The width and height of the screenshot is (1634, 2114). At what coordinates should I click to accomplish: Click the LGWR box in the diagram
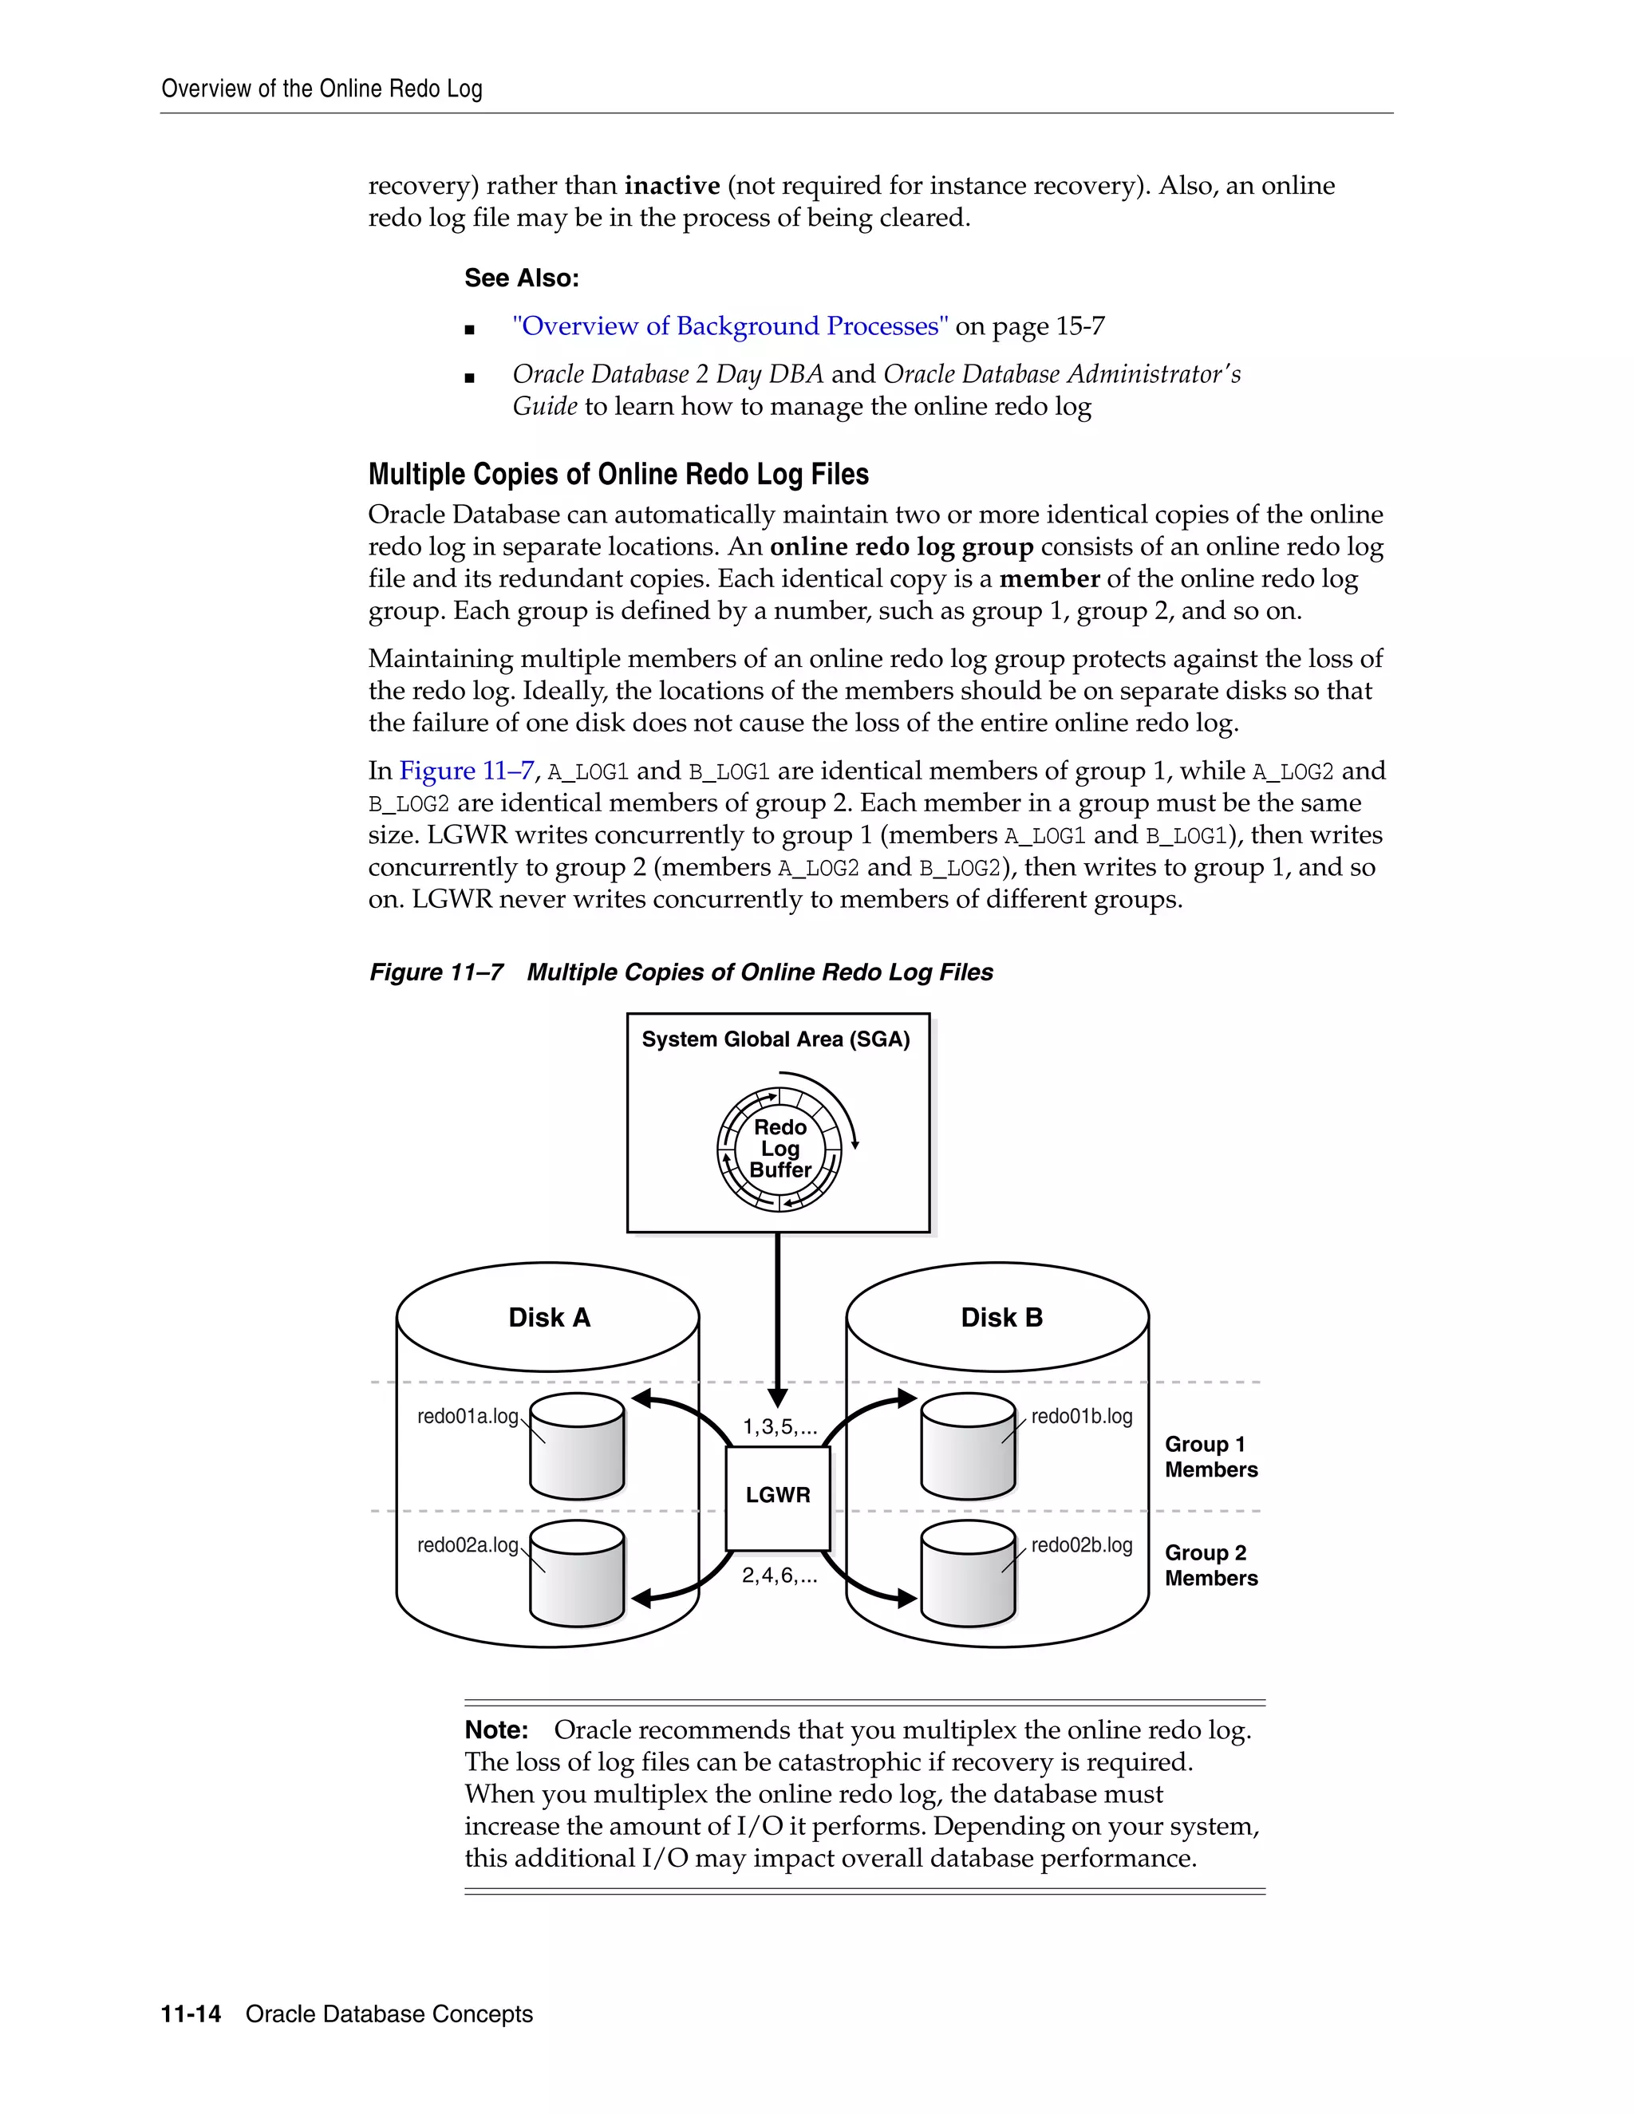(x=777, y=1497)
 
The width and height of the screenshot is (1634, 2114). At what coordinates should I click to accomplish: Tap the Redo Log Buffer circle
(x=780, y=1149)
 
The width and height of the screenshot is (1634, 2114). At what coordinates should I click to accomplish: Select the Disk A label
(x=549, y=1317)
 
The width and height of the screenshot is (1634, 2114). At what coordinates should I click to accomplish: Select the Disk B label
(x=1001, y=1317)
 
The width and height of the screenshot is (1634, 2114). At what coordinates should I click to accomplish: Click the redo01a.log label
(x=468, y=1416)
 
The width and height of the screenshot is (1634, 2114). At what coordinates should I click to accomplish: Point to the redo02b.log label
(x=1081, y=1545)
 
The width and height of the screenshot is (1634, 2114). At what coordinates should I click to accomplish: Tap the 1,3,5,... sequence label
(x=780, y=1427)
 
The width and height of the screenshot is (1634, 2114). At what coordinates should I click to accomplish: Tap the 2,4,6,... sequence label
(x=780, y=1576)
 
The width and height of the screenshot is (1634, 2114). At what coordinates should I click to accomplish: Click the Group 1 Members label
(x=1210, y=1457)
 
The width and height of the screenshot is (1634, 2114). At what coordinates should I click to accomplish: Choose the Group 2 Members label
(x=1210, y=1565)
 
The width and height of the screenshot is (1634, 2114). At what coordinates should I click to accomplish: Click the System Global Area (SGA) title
(x=776, y=1039)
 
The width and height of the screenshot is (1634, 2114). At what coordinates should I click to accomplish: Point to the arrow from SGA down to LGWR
(x=777, y=1316)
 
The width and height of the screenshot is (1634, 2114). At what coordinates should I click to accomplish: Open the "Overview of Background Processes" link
(x=730, y=326)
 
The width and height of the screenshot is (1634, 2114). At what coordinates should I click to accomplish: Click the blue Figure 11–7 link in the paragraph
(x=466, y=771)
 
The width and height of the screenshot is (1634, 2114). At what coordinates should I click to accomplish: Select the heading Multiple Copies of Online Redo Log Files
(x=618, y=475)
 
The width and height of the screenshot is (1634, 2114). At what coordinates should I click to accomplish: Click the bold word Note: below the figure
(x=495, y=1729)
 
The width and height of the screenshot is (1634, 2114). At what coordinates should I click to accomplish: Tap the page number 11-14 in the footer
(x=191, y=2014)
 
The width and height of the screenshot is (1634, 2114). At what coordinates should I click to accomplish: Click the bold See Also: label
(x=521, y=278)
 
